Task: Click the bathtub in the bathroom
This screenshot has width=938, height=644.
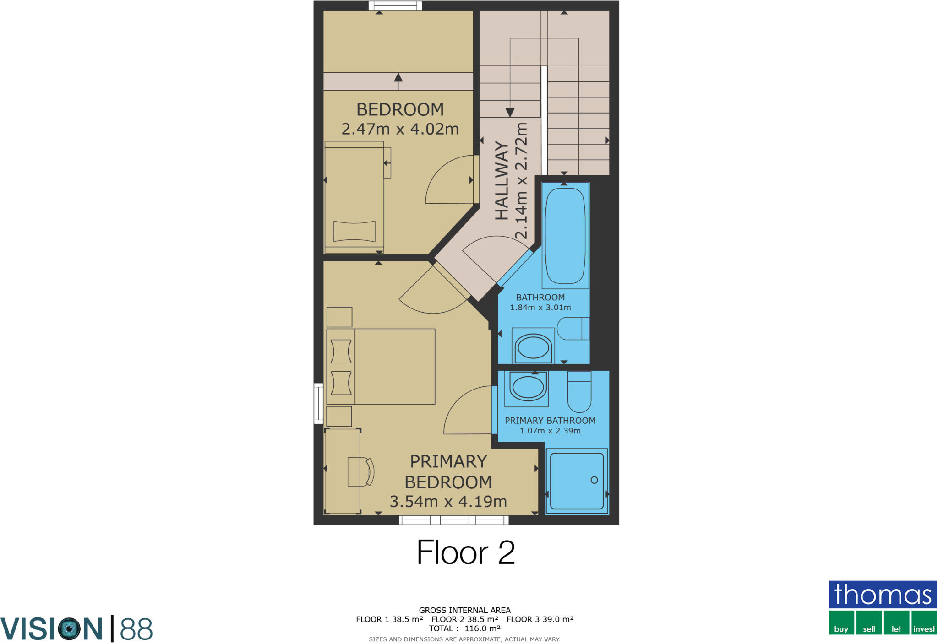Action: click(x=565, y=235)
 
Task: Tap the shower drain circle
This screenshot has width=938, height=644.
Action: click(x=594, y=480)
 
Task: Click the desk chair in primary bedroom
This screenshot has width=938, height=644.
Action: click(x=361, y=471)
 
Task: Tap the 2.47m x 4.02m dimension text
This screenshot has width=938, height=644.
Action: click(x=400, y=129)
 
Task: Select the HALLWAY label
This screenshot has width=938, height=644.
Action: click(x=502, y=180)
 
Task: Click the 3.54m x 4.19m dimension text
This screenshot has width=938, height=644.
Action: click(x=448, y=502)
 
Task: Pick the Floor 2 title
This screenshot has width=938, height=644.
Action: click(x=466, y=552)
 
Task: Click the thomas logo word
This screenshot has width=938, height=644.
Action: click(x=883, y=595)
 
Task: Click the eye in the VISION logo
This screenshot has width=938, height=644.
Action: click(x=70, y=628)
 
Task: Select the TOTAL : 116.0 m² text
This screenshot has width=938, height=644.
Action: click(x=464, y=628)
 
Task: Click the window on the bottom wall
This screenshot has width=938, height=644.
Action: click(x=453, y=520)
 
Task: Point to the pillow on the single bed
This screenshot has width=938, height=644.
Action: click(x=354, y=231)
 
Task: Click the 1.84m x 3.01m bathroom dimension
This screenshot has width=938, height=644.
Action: click(x=540, y=308)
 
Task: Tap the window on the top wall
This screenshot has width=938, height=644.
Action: click(x=395, y=5)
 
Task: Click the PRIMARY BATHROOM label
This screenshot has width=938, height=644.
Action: click(x=550, y=420)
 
